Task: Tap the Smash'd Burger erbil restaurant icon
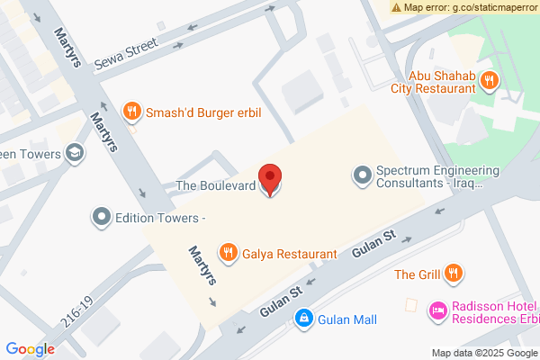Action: tap(132, 112)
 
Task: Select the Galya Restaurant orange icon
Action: tap(229, 254)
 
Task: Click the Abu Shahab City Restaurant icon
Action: tap(489, 80)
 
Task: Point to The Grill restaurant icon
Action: tap(454, 273)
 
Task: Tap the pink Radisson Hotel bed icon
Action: tap(438, 310)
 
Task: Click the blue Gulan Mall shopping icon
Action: tap(304, 319)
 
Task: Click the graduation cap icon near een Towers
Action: tap(76, 154)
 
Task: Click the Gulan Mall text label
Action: tap(346, 319)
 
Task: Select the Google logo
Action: tap(30, 349)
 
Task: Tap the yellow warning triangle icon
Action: tap(397, 6)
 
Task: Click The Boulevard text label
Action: tap(215, 186)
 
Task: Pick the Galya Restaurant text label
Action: tap(289, 254)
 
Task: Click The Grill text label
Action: tap(418, 273)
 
